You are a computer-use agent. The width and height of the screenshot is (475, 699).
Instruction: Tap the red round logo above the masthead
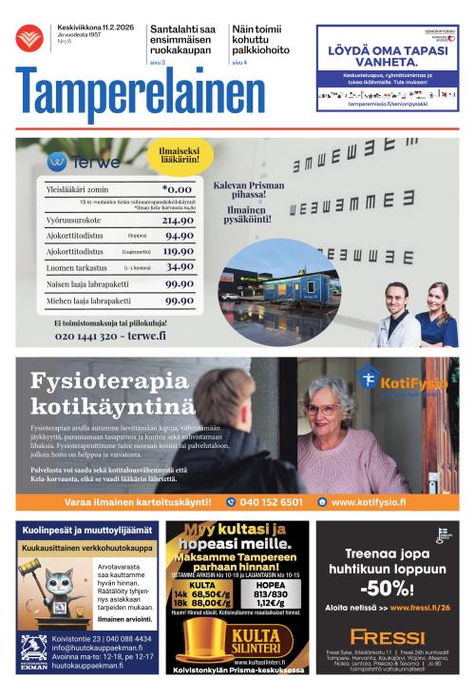click(x=29, y=38)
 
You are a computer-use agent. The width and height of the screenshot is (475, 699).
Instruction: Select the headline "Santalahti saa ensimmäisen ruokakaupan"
click(x=182, y=43)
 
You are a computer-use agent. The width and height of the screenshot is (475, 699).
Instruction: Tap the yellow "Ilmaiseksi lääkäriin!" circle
click(x=179, y=156)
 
